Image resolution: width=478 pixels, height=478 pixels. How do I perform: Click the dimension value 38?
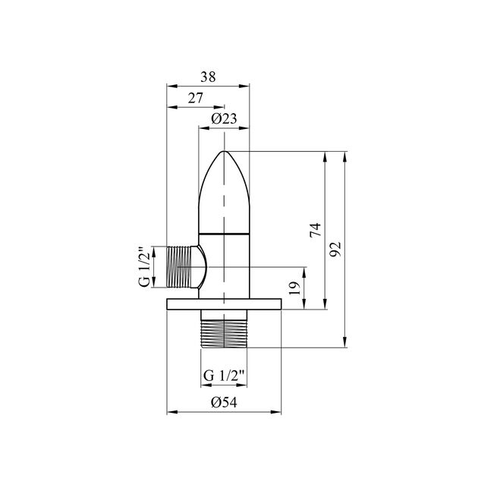coord(208,77)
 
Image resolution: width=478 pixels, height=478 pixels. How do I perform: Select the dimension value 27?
coord(195,98)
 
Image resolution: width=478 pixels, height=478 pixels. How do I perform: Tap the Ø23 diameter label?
coord(224,118)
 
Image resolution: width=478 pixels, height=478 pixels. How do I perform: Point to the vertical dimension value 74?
coord(316,230)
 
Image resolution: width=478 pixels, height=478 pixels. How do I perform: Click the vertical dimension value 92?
coord(335,249)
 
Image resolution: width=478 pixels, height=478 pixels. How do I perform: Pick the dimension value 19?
coord(295,288)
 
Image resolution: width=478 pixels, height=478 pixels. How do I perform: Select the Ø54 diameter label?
coord(224,402)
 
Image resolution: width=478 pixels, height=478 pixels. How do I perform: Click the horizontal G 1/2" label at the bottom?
coord(224,376)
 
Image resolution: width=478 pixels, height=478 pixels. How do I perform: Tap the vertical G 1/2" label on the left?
coord(144,266)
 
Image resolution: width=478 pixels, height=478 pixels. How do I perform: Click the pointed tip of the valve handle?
coord(224,151)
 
